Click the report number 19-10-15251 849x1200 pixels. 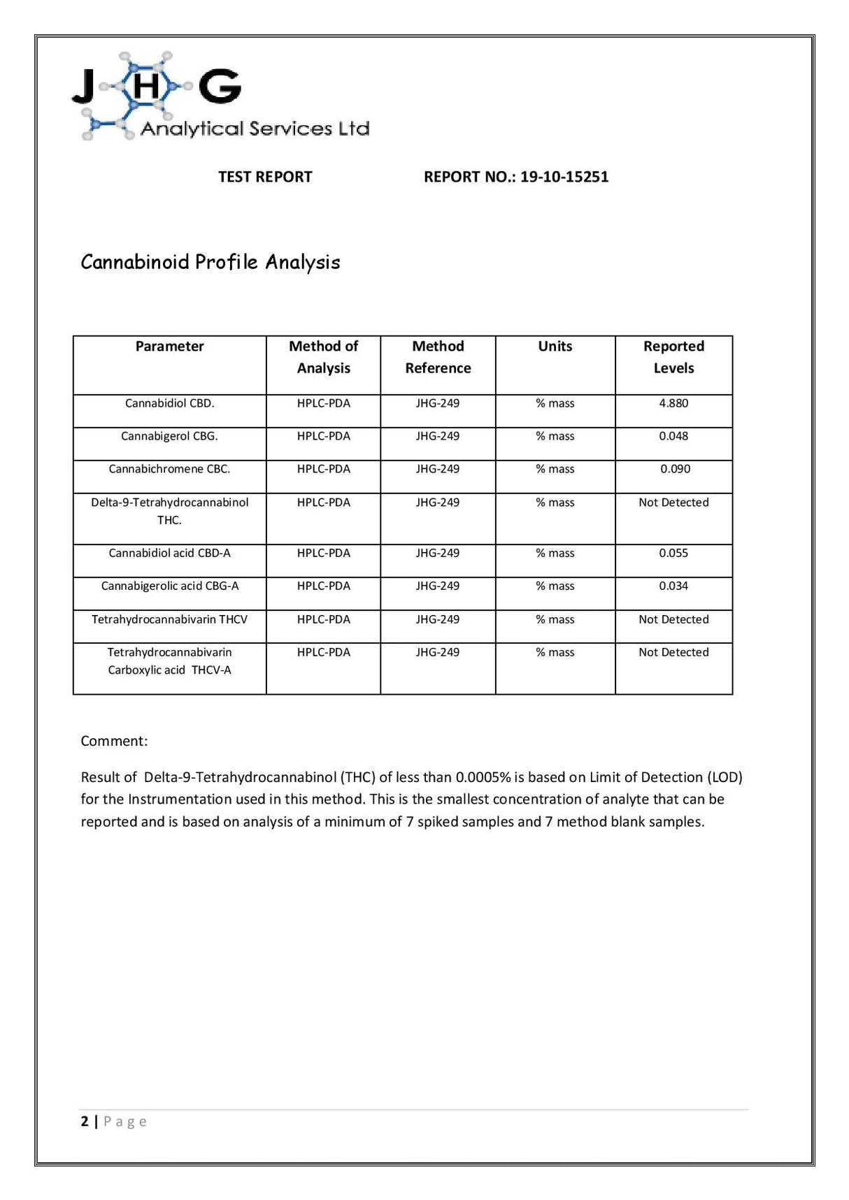[x=564, y=177]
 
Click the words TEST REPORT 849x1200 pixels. [x=265, y=177]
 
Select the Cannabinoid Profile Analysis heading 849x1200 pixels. [x=211, y=262]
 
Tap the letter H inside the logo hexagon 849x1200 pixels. [x=146, y=87]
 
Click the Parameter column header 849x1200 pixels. [x=169, y=347]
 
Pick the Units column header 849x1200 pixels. [x=555, y=347]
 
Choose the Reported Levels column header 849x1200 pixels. [x=673, y=357]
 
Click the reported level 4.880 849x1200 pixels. [x=673, y=403]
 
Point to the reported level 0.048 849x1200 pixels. [x=673, y=436]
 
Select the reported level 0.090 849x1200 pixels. [x=675, y=469]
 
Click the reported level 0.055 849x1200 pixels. [x=673, y=553]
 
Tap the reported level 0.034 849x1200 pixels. [x=673, y=586]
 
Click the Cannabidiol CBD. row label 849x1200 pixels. [x=169, y=403]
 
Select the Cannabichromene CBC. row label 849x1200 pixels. [x=169, y=469]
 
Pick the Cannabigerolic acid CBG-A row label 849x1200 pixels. [x=169, y=586]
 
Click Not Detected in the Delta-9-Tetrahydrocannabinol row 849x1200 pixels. [x=673, y=503]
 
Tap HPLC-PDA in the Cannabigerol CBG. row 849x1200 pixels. [x=323, y=436]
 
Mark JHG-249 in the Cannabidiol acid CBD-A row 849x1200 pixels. [x=438, y=553]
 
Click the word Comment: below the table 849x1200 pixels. [x=114, y=741]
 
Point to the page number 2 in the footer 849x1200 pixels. [x=85, y=1121]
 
